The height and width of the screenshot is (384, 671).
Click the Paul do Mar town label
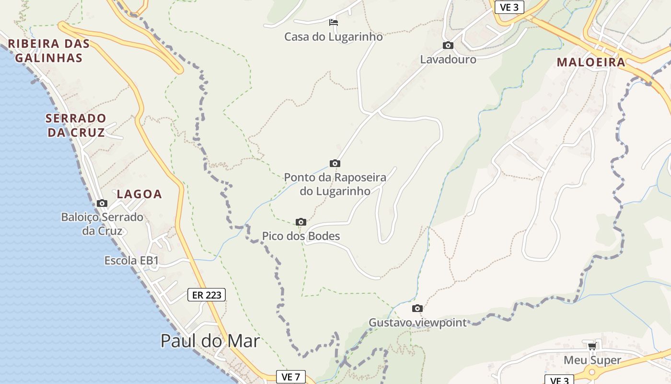210,341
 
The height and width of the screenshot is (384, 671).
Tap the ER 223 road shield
206,295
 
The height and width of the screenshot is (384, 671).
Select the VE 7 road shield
290,377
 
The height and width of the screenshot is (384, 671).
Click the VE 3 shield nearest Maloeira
509,7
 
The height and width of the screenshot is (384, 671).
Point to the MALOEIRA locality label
591,62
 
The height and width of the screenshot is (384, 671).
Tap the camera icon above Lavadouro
448,46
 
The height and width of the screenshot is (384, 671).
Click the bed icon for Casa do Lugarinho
334,22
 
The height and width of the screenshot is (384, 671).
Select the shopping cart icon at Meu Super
592,346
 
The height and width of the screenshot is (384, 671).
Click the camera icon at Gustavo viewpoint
417,308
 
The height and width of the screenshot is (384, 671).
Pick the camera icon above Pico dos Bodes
301,222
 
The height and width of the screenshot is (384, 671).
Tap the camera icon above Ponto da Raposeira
335,163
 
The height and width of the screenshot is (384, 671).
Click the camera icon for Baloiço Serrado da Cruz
102,203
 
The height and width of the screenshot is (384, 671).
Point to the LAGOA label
139,194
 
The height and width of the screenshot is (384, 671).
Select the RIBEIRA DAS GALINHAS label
48,51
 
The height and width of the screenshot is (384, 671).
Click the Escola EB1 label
131,261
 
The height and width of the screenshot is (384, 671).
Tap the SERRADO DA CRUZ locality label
76,125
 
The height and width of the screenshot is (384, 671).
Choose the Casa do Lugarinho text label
334,37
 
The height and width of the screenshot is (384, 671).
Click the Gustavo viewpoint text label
417,323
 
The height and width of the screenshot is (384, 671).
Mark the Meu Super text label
592,360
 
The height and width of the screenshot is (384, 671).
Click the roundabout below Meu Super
592,372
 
